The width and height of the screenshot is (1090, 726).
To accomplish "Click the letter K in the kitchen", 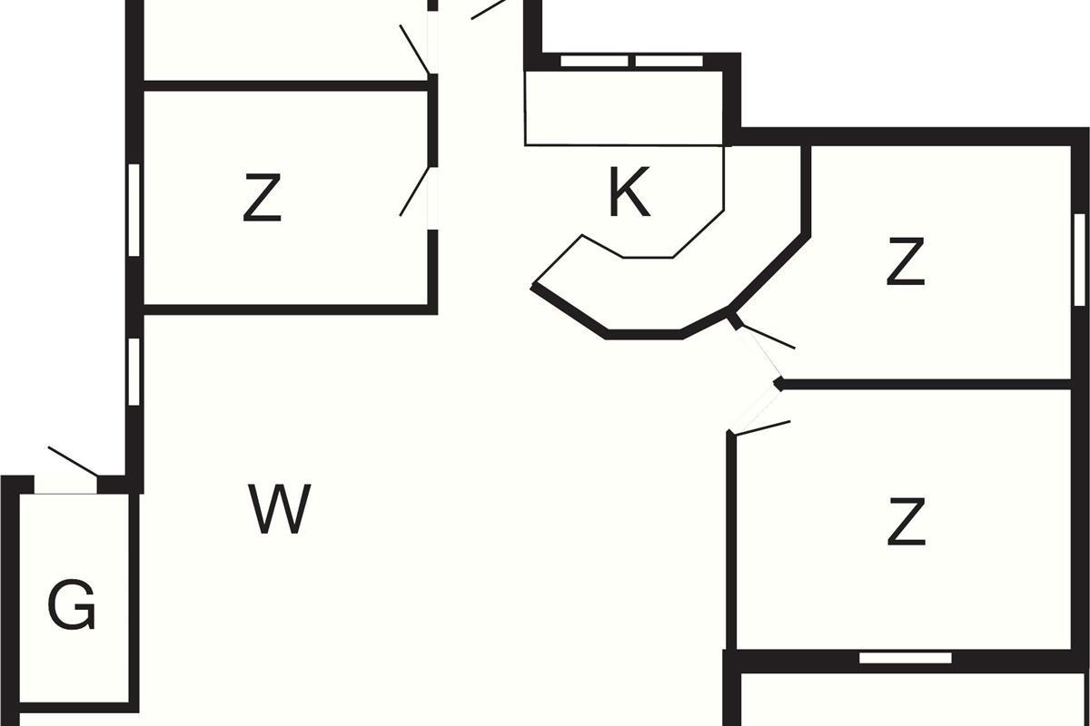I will (629, 193).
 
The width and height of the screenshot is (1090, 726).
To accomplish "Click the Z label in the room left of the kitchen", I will (262, 200).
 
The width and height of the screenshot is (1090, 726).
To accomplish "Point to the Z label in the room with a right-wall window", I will (906, 262).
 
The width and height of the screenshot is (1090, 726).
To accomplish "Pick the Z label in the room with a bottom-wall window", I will (906, 523).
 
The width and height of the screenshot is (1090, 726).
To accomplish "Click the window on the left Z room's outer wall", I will (134, 210).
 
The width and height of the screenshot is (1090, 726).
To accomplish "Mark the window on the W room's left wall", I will (134, 371).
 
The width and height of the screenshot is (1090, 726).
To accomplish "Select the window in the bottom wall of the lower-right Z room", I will (905, 657).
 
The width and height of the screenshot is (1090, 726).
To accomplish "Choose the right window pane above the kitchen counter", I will (669, 61).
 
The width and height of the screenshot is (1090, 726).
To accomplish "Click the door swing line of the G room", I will (73, 461).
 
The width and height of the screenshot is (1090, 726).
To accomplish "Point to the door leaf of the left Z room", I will (414, 191).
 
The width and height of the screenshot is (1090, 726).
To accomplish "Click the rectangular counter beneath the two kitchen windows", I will (624, 108).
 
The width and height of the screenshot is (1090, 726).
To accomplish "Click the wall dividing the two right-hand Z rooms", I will (926, 385).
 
